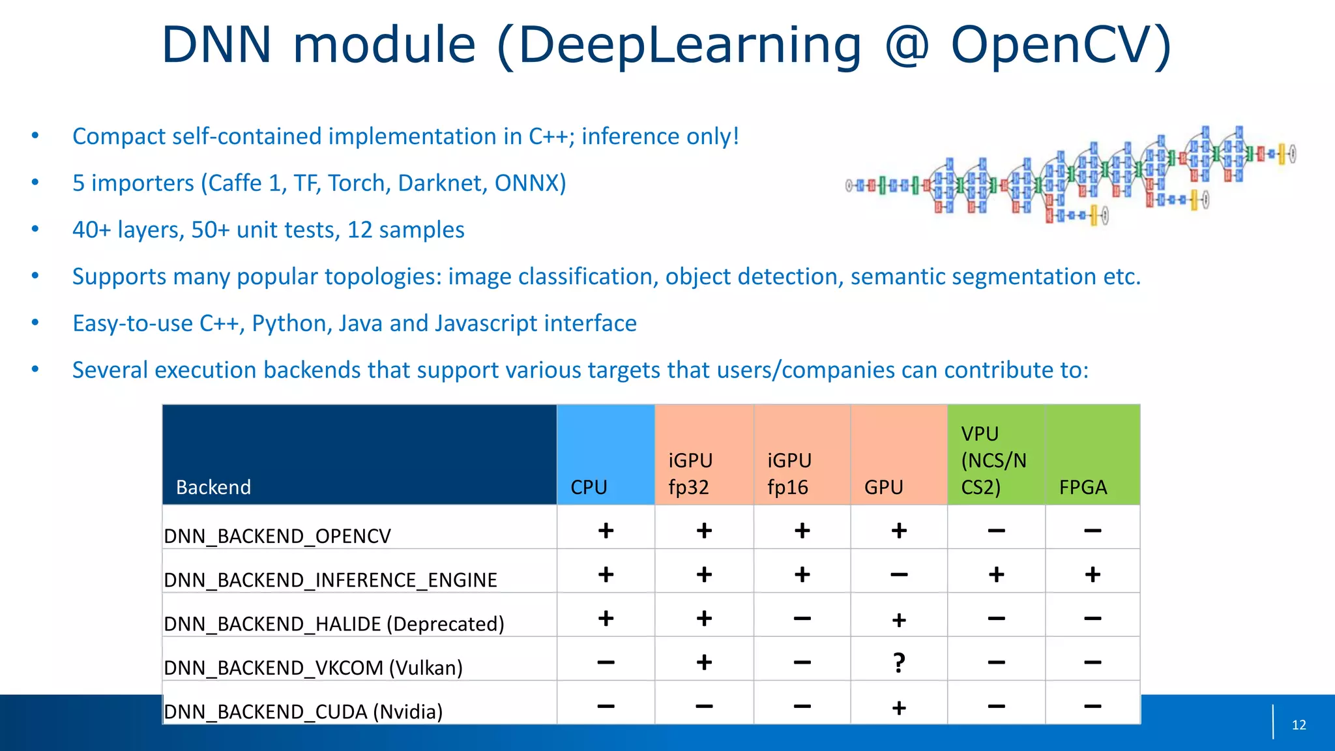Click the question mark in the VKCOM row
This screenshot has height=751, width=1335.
(x=899, y=663)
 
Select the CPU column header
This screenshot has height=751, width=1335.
(x=589, y=487)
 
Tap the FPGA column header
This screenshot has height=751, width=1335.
(x=1083, y=487)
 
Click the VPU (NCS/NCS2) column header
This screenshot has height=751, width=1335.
(x=993, y=460)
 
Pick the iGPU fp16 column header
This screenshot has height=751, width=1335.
(x=789, y=473)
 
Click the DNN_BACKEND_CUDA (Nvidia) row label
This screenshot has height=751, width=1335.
(x=303, y=711)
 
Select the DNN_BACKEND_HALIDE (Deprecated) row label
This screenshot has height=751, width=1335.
(x=334, y=624)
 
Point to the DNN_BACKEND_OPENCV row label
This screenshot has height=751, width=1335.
(x=277, y=536)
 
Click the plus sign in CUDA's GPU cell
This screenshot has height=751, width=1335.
(x=899, y=707)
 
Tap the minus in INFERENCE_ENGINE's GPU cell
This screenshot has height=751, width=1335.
(x=899, y=574)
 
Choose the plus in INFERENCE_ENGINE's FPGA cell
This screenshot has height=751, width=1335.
(x=1093, y=574)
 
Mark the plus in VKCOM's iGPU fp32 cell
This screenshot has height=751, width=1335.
(x=704, y=662)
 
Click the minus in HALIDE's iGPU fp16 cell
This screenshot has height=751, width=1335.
(x=802, y=619)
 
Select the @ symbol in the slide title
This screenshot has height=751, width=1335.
(x=907, y=46)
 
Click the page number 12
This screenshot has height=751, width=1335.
(x=1298, y=725)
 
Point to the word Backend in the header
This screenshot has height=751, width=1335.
(x=213, y=487)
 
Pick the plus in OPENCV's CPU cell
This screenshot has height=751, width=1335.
(x=606, y=531)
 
